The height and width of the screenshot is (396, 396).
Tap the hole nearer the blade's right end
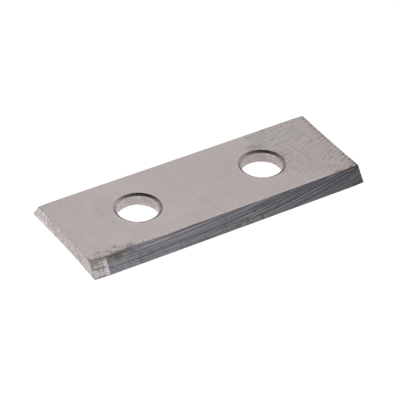(262, 165)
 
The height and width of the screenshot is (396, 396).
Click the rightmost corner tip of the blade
(364, 175)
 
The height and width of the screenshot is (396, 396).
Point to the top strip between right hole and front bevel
(277, 181)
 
